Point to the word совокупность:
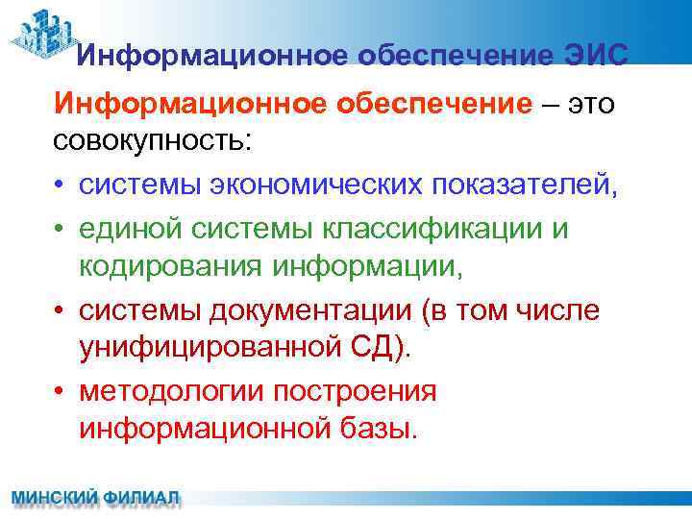point(153,142)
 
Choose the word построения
point(355,391)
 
